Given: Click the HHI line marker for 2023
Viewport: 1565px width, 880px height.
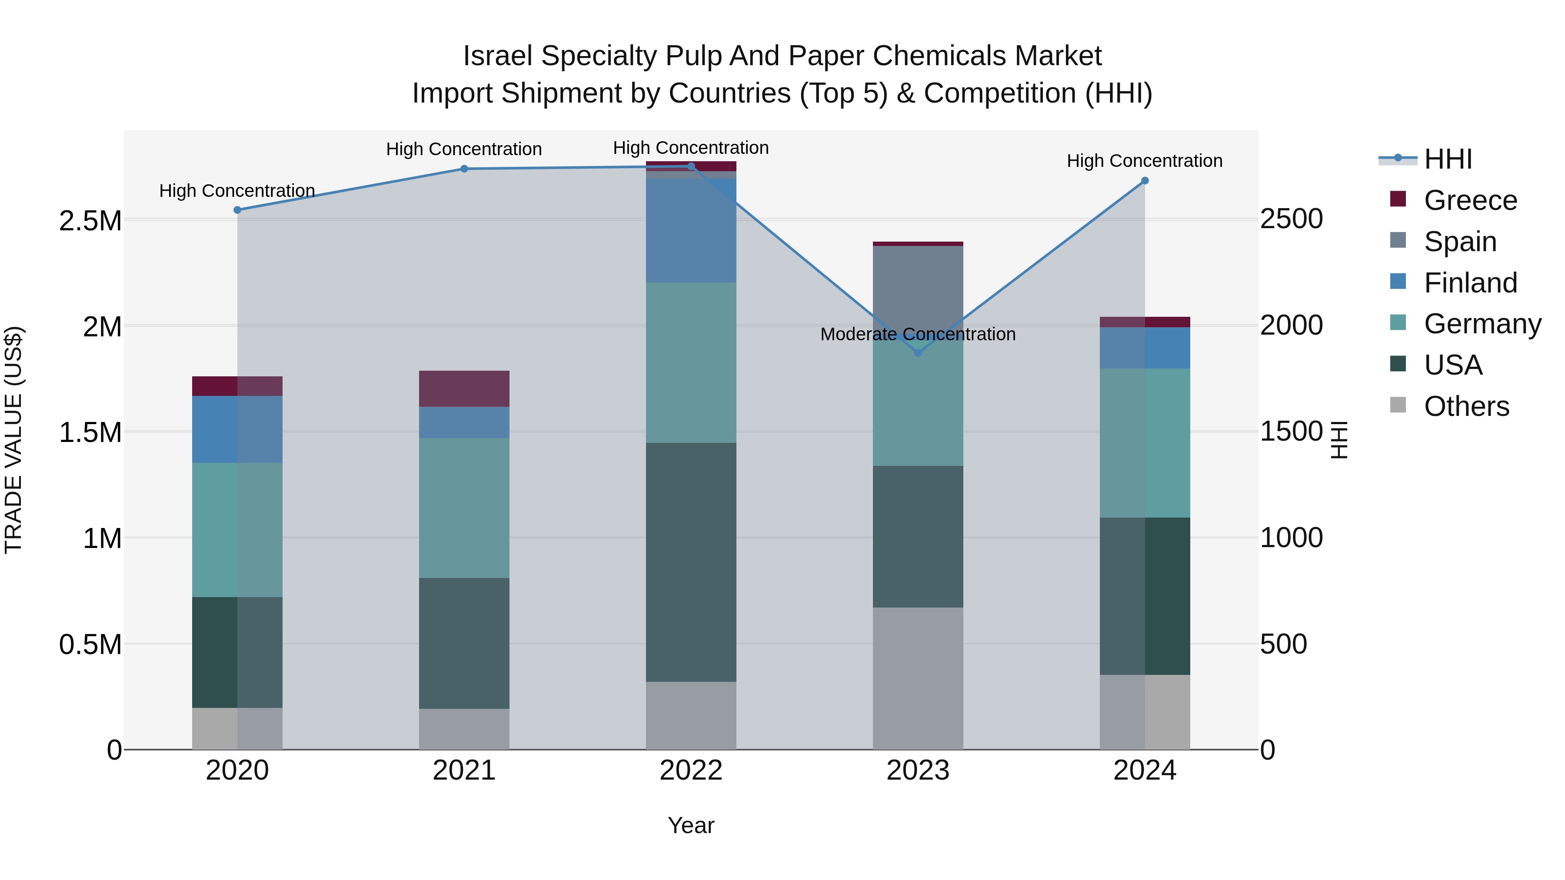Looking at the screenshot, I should [x=918, y=353].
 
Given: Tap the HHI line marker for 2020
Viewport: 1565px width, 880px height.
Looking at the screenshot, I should [x=237, y=210].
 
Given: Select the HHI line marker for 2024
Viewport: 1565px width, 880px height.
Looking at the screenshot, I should [x=1145, y=181].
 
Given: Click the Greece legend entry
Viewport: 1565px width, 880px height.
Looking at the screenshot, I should [x=1470, y=200].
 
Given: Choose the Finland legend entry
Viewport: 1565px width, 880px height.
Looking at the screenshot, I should [x=1470, y=283].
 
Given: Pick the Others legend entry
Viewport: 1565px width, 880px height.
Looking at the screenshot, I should [x=1465, y=406].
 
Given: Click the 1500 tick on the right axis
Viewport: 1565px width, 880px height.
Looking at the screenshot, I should [x=1291, y=431].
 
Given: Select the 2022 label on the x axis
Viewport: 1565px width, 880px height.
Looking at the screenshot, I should [x=691, y=770].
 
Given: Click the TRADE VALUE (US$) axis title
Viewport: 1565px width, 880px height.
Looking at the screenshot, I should [x=13, y=440].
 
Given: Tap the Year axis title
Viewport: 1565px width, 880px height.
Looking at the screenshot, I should [x=691, y=825].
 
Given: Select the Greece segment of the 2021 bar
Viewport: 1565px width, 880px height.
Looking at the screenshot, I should [x=464, y=389].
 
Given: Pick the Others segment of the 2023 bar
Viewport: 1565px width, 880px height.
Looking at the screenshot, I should [x=918, y=678].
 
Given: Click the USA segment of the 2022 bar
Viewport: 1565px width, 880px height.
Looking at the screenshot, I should [x=691, y=562].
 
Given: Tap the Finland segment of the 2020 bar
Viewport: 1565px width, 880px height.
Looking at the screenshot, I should [x=237, y=429].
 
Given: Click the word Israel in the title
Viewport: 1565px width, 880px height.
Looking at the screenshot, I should [x=498, y=56].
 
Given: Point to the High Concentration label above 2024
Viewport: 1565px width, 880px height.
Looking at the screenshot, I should [x=1145, y=161].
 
